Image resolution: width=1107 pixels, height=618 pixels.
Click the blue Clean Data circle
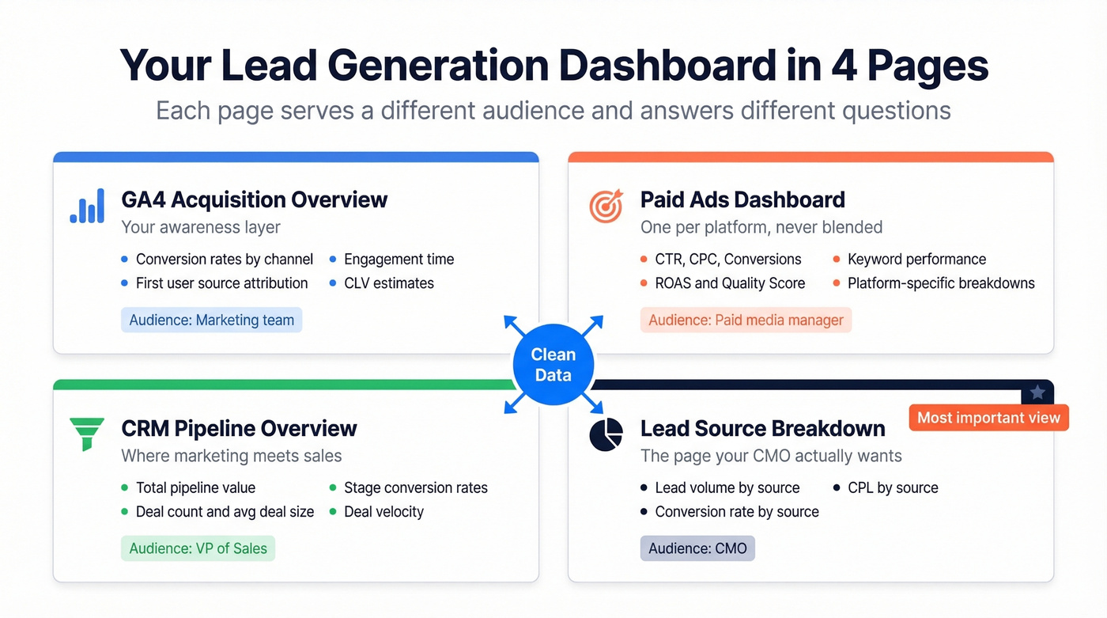(553, 365)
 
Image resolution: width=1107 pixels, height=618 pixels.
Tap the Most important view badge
(988, 418)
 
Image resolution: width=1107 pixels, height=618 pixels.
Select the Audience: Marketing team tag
(211, 320)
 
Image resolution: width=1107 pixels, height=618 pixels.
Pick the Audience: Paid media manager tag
(746, 320)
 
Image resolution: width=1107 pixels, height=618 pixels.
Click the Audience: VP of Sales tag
(198, 548)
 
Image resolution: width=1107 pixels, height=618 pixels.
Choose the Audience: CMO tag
(697, 548)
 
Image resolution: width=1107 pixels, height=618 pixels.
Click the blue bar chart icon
(87, 206)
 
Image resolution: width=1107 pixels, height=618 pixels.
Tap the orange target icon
(606, 206)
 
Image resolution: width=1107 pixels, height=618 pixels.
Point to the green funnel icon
(87, 434)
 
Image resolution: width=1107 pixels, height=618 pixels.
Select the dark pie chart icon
(606, 434)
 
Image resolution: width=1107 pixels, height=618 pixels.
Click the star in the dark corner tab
(1037, 392)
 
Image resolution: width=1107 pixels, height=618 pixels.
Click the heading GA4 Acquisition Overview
(254, 199)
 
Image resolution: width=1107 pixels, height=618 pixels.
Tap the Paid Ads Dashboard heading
(742, 199)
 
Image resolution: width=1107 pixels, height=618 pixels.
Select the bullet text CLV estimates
(388, 283)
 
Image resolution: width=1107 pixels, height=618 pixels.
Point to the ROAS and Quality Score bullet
(730, 283)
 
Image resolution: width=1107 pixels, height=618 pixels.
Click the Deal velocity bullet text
(383, 512)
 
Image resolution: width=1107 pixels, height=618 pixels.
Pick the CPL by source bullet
(893, 488)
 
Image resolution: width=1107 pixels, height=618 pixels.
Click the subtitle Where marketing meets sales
(231, 456)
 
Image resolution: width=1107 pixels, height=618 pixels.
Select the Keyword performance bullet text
(916, 260)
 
